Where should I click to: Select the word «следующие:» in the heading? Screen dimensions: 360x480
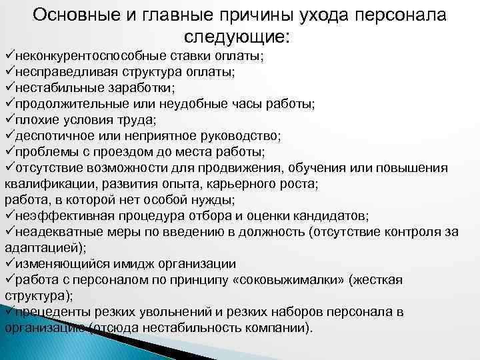(239, 37)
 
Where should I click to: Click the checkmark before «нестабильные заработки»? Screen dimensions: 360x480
(9, 87)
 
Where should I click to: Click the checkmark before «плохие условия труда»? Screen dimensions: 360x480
(9, 119)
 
